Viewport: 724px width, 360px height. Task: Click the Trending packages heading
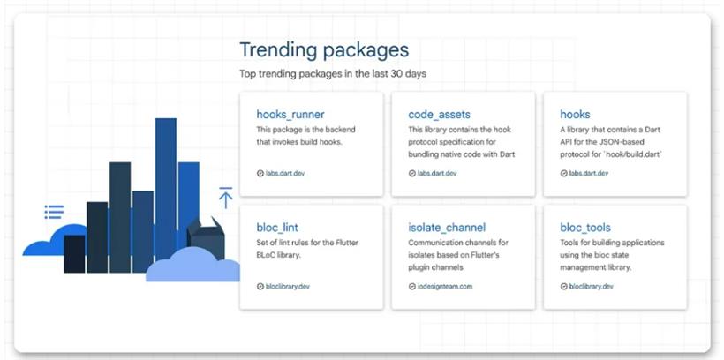pos(324,50)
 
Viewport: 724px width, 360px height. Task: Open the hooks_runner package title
pos(290,114)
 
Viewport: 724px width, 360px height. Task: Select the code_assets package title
pos(439,115)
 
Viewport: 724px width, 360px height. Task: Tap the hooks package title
pos(575,114)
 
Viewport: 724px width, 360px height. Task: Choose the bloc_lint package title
pos(277,228)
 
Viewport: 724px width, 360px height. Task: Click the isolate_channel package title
pos(447,227)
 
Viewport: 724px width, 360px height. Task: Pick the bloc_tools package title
pos(585,227)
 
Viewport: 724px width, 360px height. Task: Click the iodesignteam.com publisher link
pos(445,286)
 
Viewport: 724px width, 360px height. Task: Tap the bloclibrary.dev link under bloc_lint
pos(288,286)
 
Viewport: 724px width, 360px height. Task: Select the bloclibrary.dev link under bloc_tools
pos(591,286)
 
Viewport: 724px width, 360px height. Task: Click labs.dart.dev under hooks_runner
pos(285,174)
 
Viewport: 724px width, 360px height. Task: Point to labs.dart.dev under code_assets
pos(437,174)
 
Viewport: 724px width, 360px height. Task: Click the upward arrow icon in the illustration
pos(226,198)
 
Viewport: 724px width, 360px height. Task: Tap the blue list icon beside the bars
pos(54,212)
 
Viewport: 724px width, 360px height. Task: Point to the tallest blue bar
pos(166,189)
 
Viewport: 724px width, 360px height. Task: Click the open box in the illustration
pos(206,237)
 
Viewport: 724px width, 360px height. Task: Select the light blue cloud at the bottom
pos(193,265)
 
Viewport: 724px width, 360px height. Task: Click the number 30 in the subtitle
pos(396,73)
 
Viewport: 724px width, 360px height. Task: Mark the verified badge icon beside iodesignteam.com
pos(412,286)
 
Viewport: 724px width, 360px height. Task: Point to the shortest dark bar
pos(74,254)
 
